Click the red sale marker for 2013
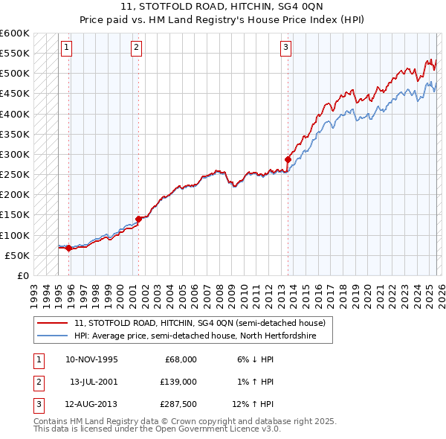[x=288, y=158]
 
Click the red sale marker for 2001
[x=138, y=219]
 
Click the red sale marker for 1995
[x=68, y=248]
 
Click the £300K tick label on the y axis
[x=15, y=154]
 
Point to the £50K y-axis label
[x=17, y=255]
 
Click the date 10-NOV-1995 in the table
[x=91, y=359]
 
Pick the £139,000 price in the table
[x=178, y=381]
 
